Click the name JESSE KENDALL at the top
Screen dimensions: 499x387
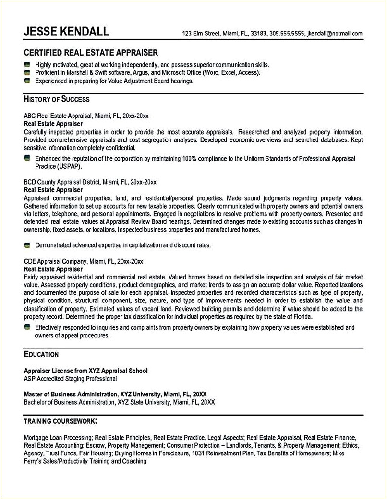(x=67, y=32)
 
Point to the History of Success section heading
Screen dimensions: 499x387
(x=57, y=100)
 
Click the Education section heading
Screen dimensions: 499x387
(x=41, y=354)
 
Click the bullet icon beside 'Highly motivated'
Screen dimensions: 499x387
(x=27, y=64)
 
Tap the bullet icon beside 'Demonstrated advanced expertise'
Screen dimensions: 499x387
(x=27, y=245)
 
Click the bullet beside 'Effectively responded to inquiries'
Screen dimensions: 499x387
(x=27, y=327)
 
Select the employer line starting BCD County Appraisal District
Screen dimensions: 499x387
(x=90, y=183)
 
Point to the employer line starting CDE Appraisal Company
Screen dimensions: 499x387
(x=84, y=262)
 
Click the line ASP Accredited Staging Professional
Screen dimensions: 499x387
(x=70, y=378)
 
